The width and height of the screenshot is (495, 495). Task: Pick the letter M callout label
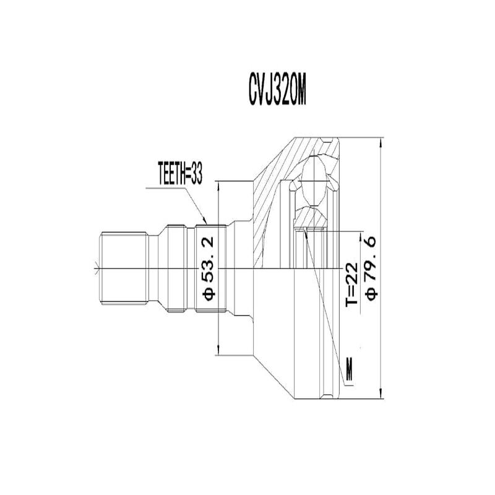click(350, 370)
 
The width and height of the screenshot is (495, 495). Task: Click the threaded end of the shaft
click(124, 267)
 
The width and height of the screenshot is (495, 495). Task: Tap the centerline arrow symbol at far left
click(95, 268)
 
